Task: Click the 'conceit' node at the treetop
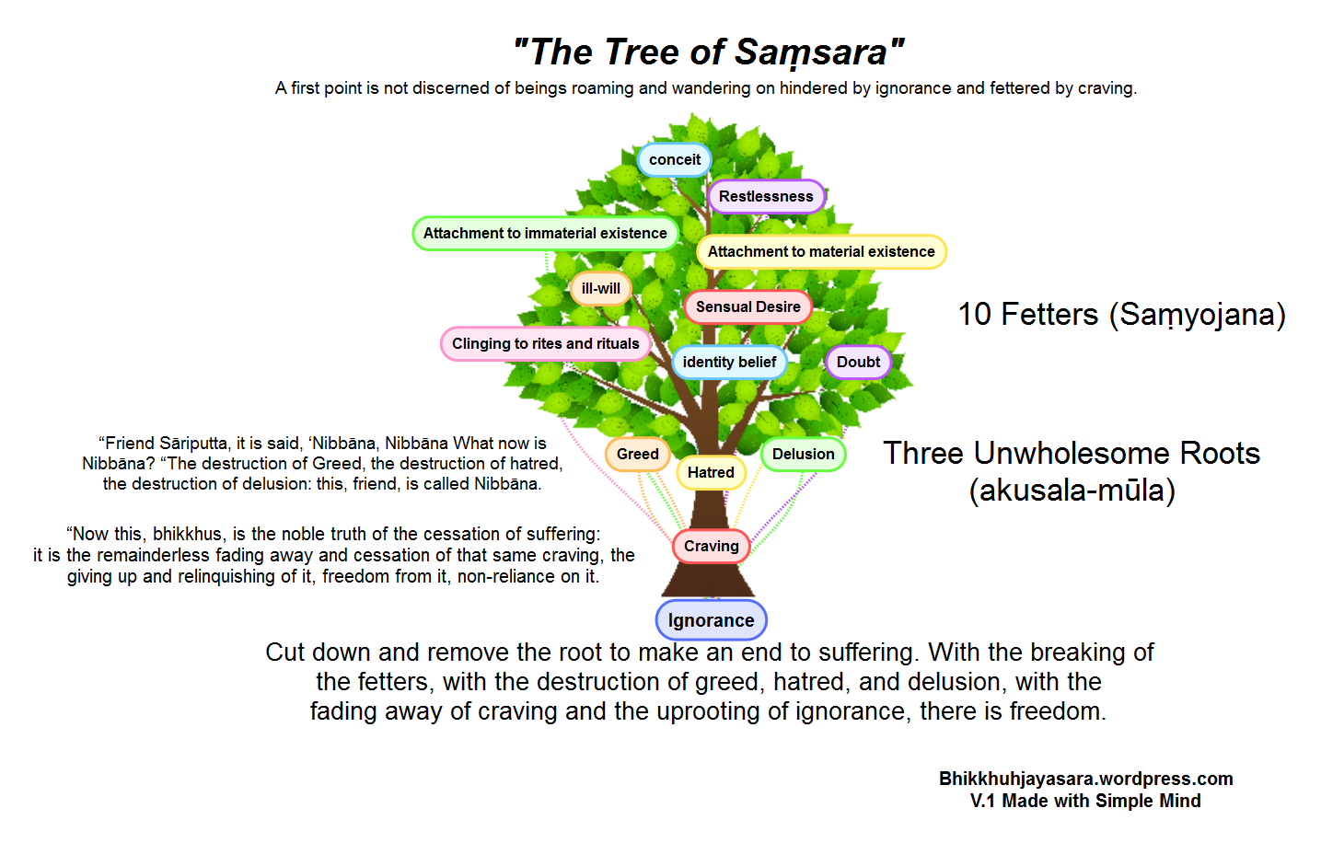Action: [674, 160]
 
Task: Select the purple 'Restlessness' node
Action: [766, 197]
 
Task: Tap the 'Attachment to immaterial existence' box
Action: [545, 234]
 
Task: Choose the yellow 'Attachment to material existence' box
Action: [821, 252]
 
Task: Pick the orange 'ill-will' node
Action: [600, 289]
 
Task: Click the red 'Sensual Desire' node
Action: [747, 307]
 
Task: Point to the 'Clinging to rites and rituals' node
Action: [545, 344]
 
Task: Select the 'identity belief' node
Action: [729, 363]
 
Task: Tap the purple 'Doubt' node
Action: [858, 363]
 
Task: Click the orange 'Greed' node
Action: [637, 455]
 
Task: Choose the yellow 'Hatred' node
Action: [711, 473]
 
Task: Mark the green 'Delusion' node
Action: [803, 455]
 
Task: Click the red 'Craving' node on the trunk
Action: [711, 547]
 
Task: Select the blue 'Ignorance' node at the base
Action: [711, 620]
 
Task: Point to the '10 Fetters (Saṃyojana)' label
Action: [1121, 315]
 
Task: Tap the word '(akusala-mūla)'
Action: [1072, 491]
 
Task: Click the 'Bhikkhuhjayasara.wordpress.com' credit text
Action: [1085, 779]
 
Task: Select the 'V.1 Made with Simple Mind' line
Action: [1085, 801]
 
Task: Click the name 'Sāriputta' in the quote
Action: [193, 444]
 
